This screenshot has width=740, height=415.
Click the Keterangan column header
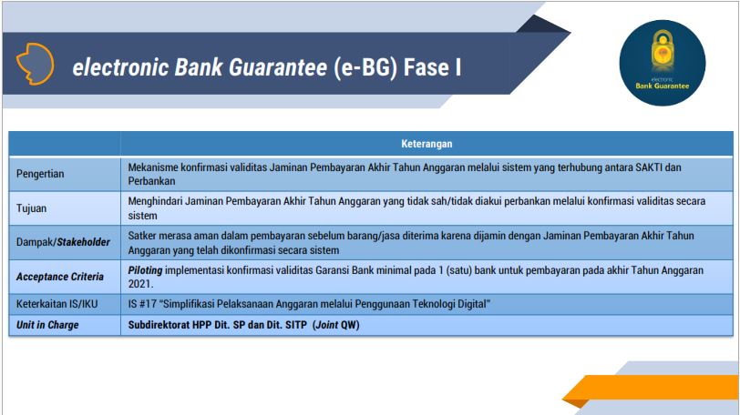click(427, 144)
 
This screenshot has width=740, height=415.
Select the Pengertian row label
click(40, 174)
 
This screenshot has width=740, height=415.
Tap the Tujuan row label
click(31, 208)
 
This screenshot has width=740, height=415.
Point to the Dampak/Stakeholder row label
click(63, 242)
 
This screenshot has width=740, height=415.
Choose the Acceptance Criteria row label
click(60, 277)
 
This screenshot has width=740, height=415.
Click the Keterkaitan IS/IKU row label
click(57, 304)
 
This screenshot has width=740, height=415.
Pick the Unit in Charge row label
click(47, 325)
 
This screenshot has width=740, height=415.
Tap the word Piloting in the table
click(145, 270)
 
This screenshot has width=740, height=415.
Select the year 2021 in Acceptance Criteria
click(140, 284)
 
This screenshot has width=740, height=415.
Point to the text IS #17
click(142, 304)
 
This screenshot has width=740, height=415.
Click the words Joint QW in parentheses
click(336, 325)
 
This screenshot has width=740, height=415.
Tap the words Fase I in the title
click(433, 66)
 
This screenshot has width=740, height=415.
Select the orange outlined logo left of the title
click(35, 64)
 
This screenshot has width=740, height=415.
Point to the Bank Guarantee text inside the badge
click(663, 86)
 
